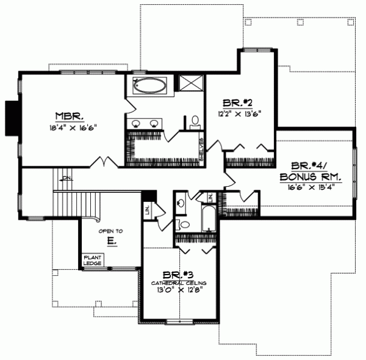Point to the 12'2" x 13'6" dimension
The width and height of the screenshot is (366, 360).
click(x=234, y=113)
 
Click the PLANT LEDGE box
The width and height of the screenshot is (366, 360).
click(x=93, y=259)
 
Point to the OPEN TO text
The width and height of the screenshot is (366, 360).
click(x=110, y=231)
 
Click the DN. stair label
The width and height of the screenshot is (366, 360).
click(x=66, y=178)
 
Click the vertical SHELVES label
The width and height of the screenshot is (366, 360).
click(x=201, y=149)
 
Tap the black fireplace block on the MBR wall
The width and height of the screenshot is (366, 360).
click(x=10, y=117)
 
